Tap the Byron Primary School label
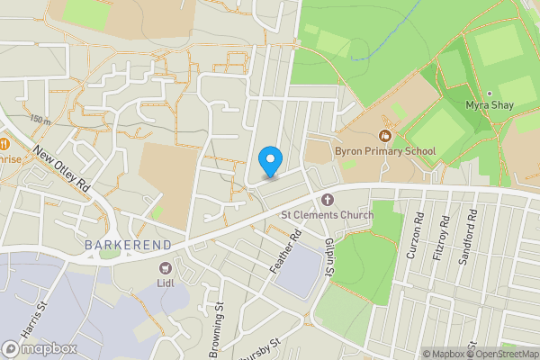click(384, 151)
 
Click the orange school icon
click(385, 136)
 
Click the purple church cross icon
click(327, 199)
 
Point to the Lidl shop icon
click(166, 267)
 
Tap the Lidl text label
click(166, 282)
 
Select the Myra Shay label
click(490, 106)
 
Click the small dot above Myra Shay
click(490, 93)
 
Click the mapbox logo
click(35, 348)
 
